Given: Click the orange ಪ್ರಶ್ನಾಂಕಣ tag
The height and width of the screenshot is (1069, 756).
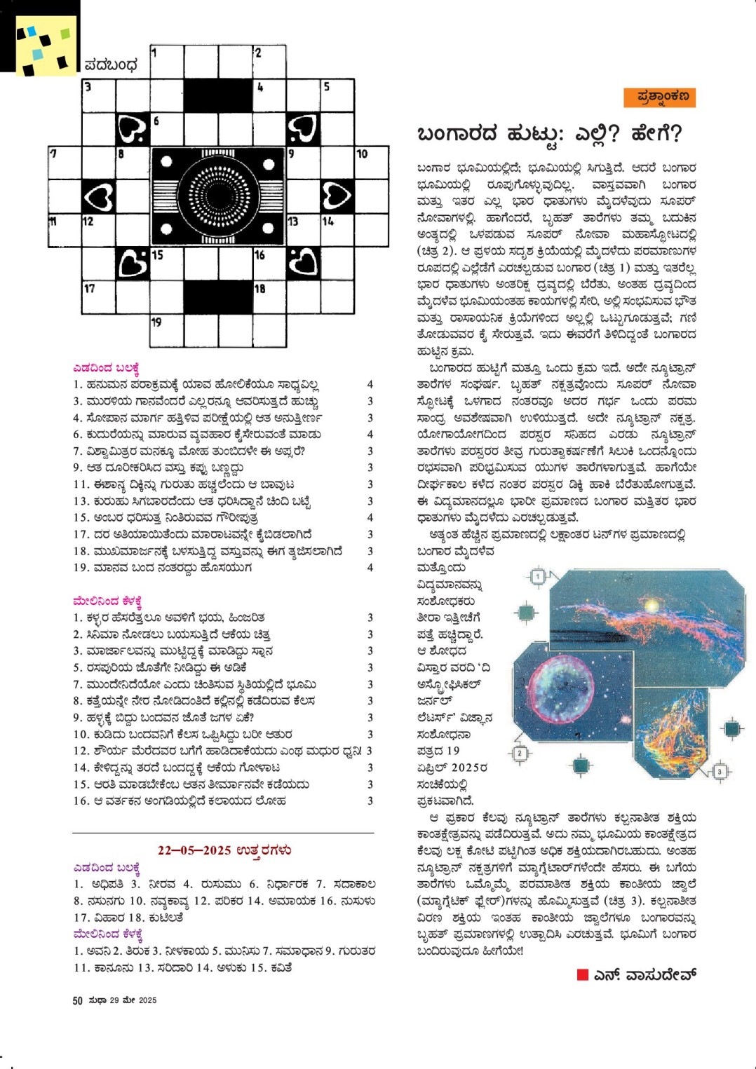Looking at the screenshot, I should (x=659, y=97).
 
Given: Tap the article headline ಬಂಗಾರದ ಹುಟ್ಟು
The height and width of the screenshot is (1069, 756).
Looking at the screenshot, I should (x=548, y=133).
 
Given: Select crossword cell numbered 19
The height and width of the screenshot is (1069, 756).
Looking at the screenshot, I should (x=166, y=330).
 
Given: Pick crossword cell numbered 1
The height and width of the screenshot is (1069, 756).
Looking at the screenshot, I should (x=166, y=62).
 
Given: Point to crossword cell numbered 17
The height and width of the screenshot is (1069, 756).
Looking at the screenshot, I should (x=98, y=297).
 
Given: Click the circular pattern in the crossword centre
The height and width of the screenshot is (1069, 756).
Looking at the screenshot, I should (x=218, y=196).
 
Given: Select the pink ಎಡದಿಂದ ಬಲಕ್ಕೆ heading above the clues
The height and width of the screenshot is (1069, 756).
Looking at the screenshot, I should (x=106, y=368).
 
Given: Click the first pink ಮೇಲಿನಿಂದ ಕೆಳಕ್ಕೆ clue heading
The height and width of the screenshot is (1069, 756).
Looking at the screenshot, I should (x=107, y=601).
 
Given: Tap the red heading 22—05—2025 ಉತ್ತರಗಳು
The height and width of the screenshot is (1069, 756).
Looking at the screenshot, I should (x=224, y=850).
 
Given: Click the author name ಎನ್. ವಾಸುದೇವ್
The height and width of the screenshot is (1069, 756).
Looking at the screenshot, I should (x=645, y=974).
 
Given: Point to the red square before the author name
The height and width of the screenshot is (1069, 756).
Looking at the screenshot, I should (x=582, y=974).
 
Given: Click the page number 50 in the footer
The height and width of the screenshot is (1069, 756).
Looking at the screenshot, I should (x=77, y=1000).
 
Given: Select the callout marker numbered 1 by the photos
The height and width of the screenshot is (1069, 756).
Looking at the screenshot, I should (x=538, y=577).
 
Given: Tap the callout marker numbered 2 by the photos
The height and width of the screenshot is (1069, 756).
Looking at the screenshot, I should (x=520, y=754).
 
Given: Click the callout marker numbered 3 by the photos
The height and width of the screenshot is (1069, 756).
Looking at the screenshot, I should (x=719, y=772).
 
